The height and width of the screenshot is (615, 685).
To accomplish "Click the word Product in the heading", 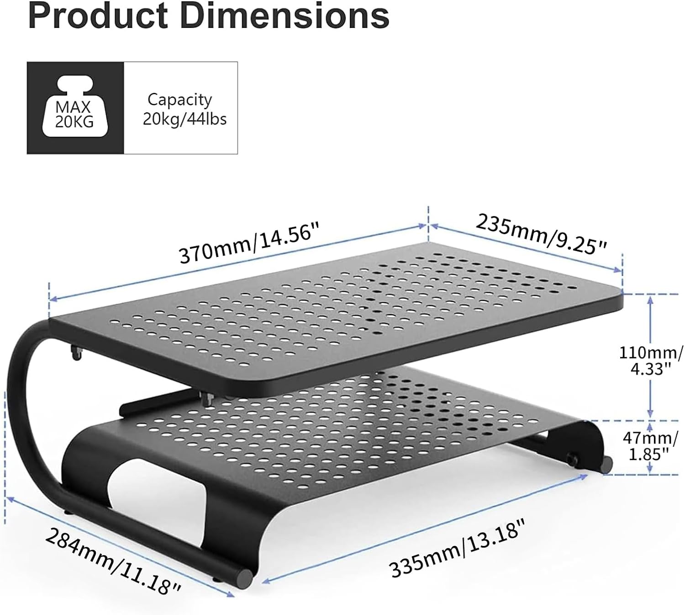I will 98,16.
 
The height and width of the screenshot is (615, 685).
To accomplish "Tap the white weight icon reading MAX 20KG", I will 74,108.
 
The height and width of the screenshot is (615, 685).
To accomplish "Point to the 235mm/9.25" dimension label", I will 541,234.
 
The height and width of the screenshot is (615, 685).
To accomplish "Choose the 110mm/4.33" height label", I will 651,360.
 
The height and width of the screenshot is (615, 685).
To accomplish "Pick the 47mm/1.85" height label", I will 650,446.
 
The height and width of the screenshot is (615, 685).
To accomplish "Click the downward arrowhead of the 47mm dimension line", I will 651,470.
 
